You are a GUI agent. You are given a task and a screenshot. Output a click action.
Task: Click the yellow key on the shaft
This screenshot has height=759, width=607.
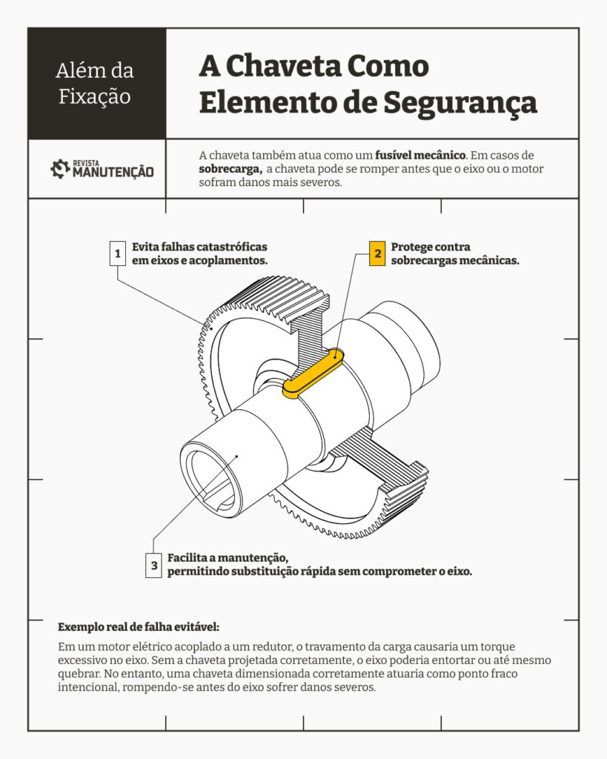(314, 374)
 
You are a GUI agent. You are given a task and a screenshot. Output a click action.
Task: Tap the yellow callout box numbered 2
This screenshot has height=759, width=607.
(377, 253)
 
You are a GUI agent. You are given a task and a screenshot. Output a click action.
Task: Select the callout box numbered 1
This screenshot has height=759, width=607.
(118, 253)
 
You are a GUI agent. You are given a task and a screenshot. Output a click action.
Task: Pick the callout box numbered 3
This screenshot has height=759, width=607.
(154, 565)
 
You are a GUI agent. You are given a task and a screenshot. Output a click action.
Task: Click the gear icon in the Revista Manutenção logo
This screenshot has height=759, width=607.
(60, 169)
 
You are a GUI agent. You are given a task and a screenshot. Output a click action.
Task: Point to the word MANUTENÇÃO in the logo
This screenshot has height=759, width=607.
(113, 172)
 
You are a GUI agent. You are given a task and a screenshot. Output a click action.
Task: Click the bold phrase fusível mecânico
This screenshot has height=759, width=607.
(420, 156)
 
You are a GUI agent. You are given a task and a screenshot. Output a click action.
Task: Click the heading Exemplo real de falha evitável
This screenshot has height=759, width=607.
(139, 627)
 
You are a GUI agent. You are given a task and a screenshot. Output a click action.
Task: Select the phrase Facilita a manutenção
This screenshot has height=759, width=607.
(228, 558)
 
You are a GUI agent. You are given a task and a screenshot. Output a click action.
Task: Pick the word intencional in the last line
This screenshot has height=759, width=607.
(87, 687)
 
